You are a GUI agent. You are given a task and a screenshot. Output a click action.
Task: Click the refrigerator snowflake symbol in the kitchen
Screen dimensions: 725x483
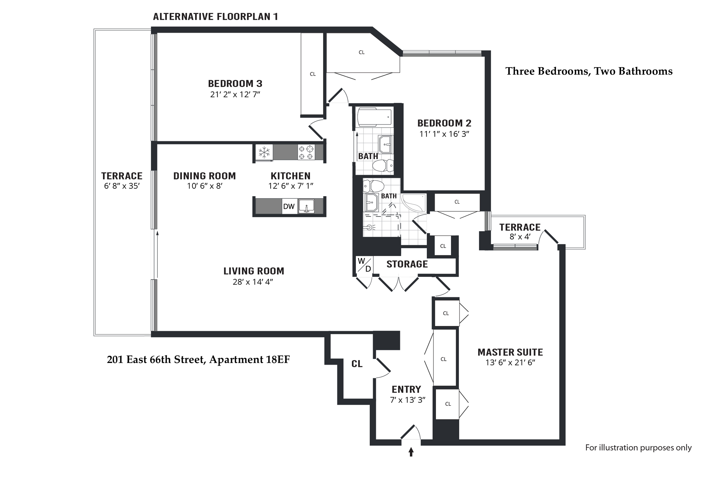[x=264, y=152]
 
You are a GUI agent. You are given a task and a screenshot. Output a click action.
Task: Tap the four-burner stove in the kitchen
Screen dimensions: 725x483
[x=306, y=152]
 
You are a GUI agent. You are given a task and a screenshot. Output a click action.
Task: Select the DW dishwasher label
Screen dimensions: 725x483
[x=289, y=206]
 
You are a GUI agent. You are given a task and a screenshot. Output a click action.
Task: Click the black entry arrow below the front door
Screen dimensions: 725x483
[x=411, y=452]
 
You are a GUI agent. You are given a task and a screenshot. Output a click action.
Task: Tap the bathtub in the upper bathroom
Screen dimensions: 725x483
[x=375, y=117]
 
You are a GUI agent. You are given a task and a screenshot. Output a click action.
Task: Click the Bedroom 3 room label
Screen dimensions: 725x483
[x=235, y=84]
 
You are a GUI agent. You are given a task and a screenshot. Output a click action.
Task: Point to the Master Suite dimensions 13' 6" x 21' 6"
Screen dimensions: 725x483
[x=510, y=362]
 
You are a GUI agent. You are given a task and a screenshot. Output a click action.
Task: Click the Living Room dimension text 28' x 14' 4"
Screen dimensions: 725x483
[x=253, y=282]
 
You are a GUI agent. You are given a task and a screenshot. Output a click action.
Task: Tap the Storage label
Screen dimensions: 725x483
[x=407, y=264]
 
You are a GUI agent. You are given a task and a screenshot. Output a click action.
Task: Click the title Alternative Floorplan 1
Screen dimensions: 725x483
[x=216, y=16]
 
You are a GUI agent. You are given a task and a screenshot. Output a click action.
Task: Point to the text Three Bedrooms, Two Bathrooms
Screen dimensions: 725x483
[x=589, y=71]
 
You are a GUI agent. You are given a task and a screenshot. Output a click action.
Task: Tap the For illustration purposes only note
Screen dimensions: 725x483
[x=638, y=447]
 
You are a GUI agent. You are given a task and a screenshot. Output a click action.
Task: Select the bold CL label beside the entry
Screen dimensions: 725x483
[x=357, y=364]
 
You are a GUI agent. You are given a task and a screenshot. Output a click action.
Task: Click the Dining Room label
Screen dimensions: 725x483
[x=204, y=176]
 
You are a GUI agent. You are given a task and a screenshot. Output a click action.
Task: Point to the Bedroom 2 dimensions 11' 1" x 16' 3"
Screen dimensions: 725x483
[x=444, y=134]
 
